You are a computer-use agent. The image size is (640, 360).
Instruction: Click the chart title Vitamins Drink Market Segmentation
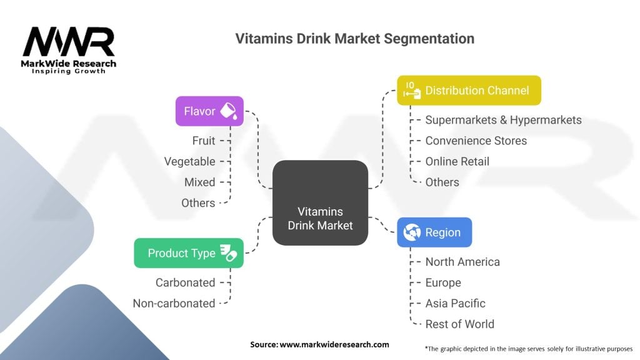[354, 39]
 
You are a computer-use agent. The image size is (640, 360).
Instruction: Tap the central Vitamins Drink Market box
[320, 202]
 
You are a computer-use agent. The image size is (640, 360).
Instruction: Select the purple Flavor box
[209, 111]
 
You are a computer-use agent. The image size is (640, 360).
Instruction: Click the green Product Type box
[189, 253]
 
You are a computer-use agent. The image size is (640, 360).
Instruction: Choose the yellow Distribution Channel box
[469, 91]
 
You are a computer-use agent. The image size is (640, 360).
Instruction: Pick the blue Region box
[434, 232]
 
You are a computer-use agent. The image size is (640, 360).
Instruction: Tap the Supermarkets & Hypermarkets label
[503, 120]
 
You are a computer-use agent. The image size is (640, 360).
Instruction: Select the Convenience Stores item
[476, 141]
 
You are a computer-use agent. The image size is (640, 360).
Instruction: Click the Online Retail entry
[457, 161]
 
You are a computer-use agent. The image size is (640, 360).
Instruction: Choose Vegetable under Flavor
[189, 161]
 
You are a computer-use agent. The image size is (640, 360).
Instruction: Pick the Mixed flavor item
[199, 182]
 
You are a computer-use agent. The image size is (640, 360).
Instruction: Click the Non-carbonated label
[174, 303]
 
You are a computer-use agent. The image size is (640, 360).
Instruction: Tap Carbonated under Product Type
[185, 282]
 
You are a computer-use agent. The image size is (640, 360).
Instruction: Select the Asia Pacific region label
[455, 303]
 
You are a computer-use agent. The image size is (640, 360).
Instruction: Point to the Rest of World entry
[459, 324]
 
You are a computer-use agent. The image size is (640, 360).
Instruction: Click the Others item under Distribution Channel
[442, 182]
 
